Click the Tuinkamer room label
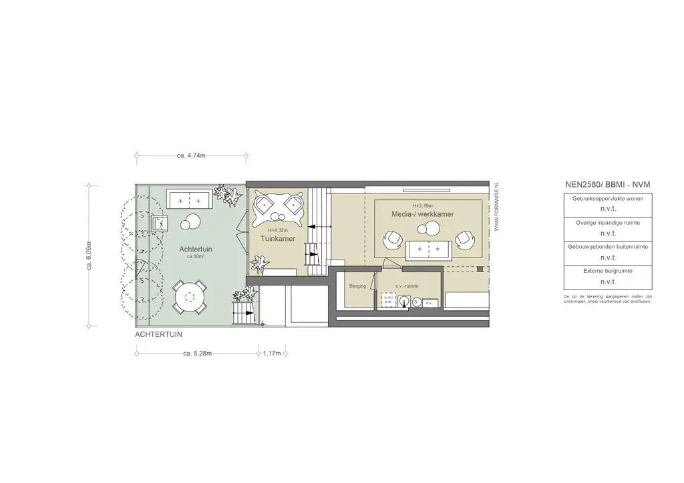[278, 238]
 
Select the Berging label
[358, 286]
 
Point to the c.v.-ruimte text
[407, 286]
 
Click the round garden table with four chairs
[190, 296]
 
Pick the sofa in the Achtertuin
[189, 199]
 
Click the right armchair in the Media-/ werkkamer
[465, 238]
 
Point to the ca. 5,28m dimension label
[197, 353]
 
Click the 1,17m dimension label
[272, 353]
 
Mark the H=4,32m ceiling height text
[278, 230]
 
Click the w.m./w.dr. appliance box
[388, 302]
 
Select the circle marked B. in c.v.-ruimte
[416, 302]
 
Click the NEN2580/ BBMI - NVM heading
[607, 184]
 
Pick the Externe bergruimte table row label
[607, 271]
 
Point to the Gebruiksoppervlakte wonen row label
[607, 199]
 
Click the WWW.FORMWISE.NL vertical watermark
[496, 207]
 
